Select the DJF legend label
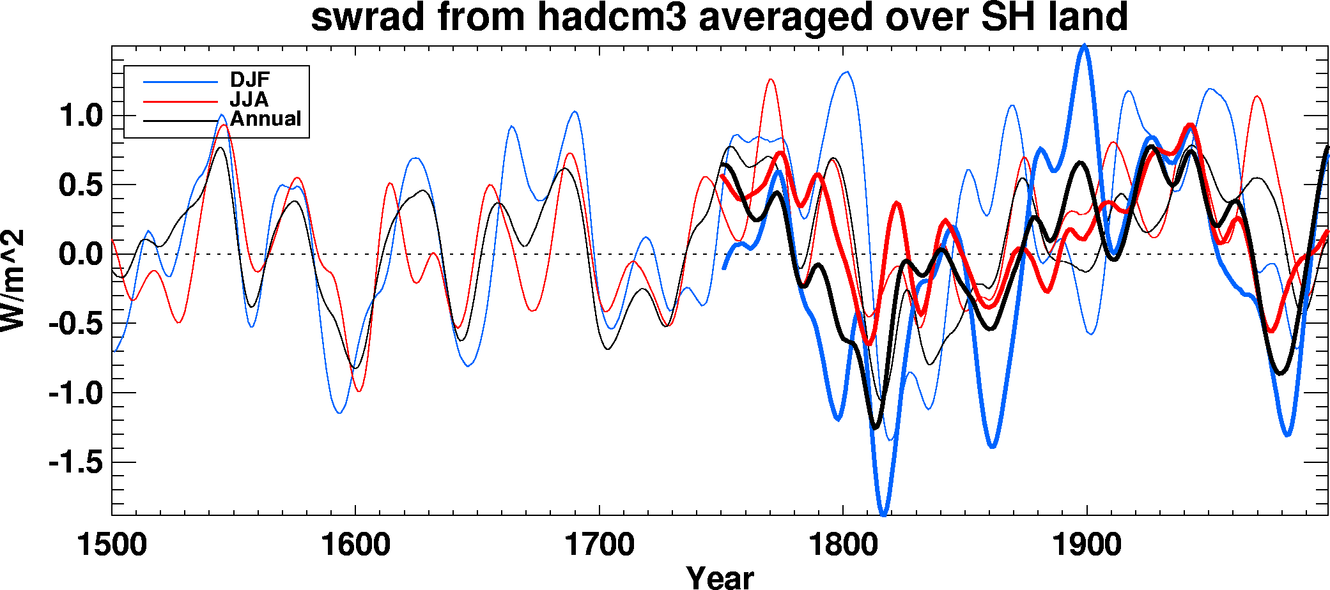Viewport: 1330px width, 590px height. click(250, 80)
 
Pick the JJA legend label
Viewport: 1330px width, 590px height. click(249, 100)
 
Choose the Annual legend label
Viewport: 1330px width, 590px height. click(266, 119)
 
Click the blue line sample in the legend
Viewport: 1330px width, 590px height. click(181, 82)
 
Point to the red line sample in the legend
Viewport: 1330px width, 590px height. click(181, 101)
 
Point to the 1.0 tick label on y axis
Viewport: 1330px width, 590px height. click(80, 116)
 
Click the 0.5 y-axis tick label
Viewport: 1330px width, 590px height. click(80, 185)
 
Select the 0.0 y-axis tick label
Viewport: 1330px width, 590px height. click(80, 254)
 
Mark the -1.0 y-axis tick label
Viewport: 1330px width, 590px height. click(75, 393)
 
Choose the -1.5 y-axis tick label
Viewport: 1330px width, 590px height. click(75, 462)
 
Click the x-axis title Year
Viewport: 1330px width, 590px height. click(720, 577)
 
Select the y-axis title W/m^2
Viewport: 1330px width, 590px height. click(13, 280)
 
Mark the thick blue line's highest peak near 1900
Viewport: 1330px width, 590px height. click(1084, 46)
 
